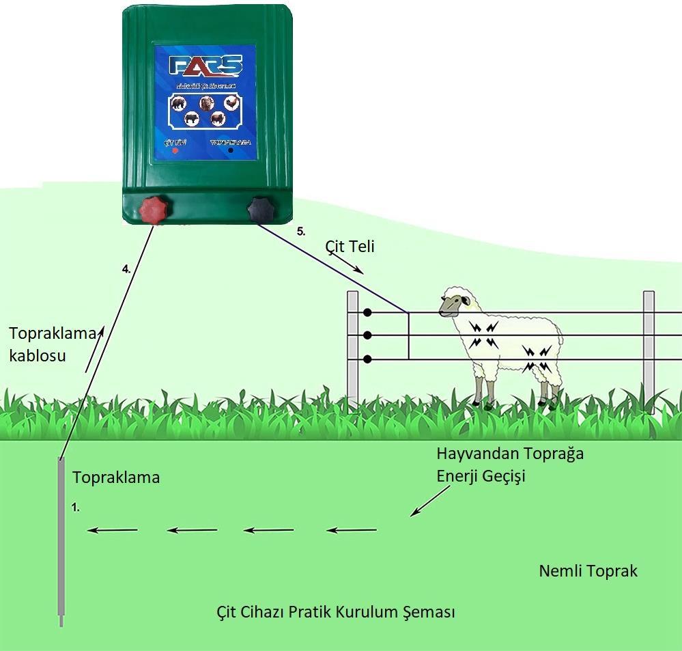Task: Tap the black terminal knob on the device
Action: pyautogui.click(x=260, y=209)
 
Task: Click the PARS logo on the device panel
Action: pyautogui.click(x=205, y=66)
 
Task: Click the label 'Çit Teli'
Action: pyautogui.click(x=351, y=247)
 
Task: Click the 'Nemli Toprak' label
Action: pyautogui.click(x=588, y=570)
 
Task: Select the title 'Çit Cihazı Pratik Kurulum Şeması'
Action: pyautogui.click(x=335, y=611)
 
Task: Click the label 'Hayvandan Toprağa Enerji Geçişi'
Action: pyautogui.click(x=510, y=465)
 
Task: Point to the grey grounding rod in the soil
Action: pyautogui.click(x=61, y=540)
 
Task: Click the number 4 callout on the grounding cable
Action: pyautogui.click(x=126, y=269)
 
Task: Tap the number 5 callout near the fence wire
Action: pyautogui.click(x=301, y=231)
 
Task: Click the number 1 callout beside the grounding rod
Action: pyautogui.click(x=76, y=508)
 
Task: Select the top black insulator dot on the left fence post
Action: pyautogui.click(x=367, y=312)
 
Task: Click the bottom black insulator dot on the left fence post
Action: pyautogui.click(x=367, y=359)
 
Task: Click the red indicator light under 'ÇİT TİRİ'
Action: pyautogui.click(x=174, y=150)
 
